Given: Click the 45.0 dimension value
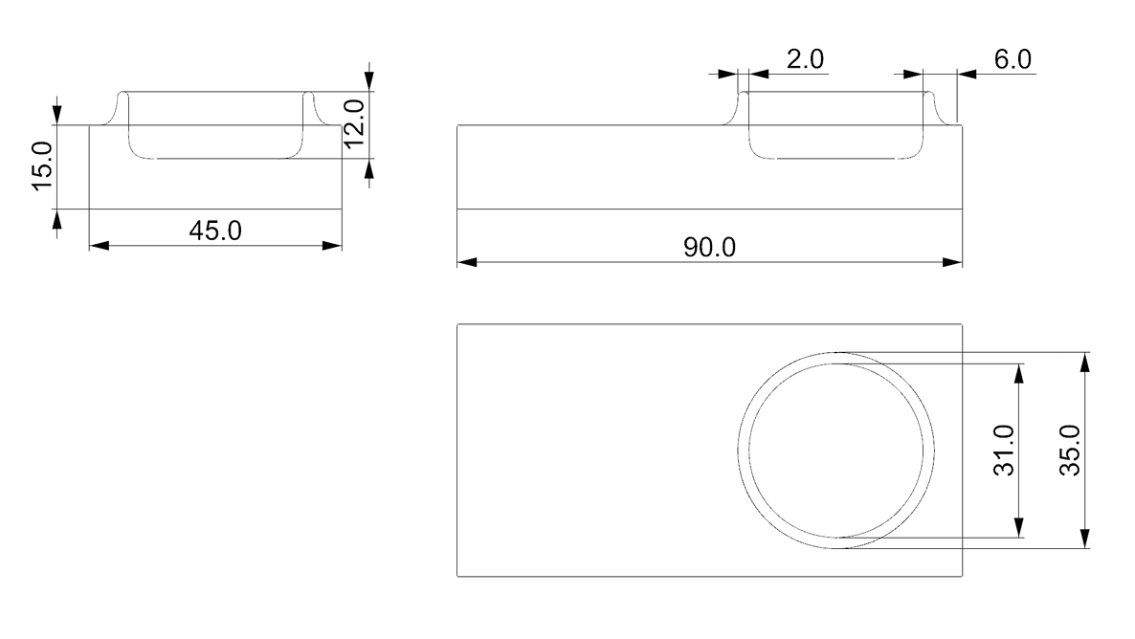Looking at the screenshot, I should pos(215,231).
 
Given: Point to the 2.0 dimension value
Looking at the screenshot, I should pos(804,59).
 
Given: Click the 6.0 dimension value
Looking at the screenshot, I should pos(1013,59).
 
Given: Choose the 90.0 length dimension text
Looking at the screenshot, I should pos(709,248).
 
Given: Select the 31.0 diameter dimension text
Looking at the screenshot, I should pos(1006,450).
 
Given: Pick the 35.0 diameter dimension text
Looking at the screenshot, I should pos(1071,450).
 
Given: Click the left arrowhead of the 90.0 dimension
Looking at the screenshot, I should pos(467,262).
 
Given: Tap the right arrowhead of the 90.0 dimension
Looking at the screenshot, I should pos(952,262).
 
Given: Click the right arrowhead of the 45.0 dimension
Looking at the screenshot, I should pos(332,246).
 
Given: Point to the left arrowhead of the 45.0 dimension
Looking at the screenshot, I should pos(99,246).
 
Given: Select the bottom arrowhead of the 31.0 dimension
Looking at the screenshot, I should pos(1019,527).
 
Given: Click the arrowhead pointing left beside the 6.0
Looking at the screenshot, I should pos(968,73).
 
